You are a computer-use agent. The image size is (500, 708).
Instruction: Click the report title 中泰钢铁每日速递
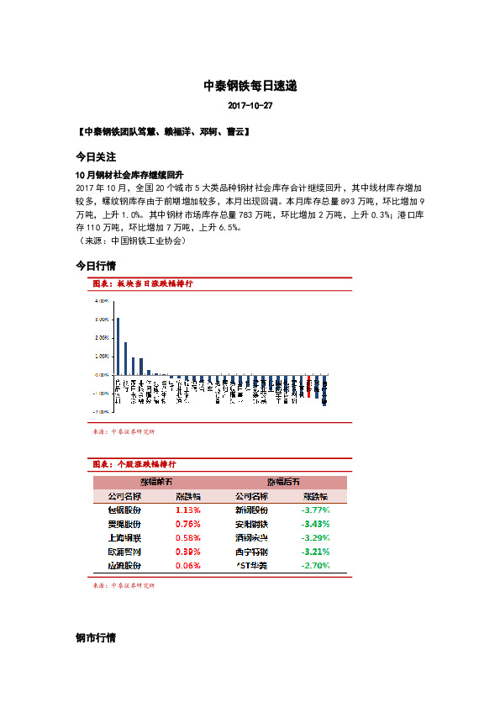tap(250, 87)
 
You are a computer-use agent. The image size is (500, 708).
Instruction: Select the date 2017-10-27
tap(250, 107)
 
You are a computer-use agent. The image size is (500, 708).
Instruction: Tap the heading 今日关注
tap(95, 157)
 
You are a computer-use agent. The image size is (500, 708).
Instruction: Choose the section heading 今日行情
tap(95, 267)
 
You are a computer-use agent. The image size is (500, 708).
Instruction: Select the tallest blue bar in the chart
tap(118, 346)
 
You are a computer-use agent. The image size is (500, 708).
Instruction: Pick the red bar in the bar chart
tap(309, 385)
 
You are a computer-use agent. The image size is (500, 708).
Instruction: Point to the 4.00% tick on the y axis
tap(101, 300)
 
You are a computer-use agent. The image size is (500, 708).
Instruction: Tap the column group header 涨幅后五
tap(283, 482)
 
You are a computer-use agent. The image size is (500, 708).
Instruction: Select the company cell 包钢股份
tap(124, 510)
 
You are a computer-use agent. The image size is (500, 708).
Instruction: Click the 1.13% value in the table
tap(188, 510)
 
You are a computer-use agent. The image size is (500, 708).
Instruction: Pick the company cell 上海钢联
tap(124, 538)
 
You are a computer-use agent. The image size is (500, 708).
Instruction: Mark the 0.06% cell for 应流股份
tap(188, 566)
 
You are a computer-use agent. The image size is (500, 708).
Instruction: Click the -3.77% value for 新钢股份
tap(315, 510)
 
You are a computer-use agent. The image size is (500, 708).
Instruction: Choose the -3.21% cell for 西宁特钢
tap(315, 552)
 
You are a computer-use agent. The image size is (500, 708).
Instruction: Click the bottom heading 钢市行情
tap(95, 638)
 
